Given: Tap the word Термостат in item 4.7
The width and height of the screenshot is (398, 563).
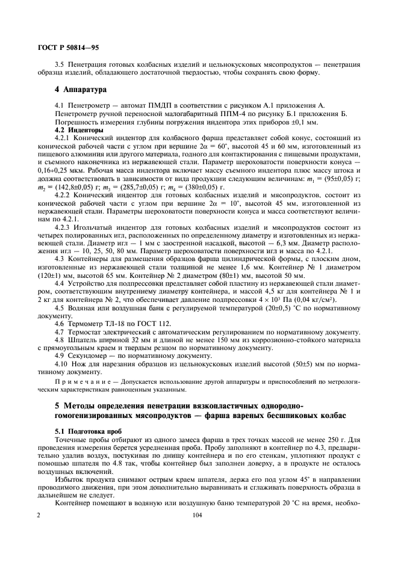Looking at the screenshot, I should coord(87,331).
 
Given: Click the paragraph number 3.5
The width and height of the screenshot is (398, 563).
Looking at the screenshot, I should coord(60,63).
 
